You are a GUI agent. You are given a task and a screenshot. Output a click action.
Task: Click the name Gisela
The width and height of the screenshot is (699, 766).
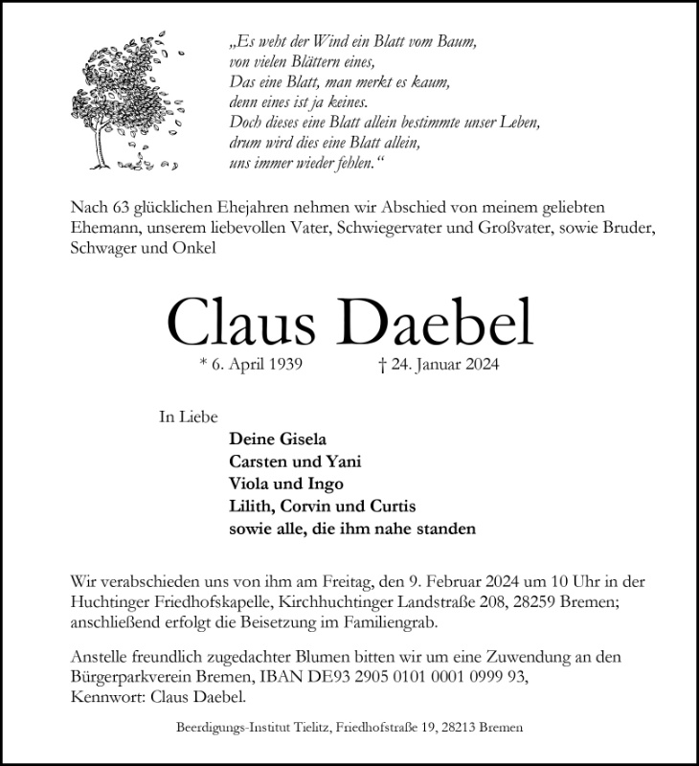(301, 440)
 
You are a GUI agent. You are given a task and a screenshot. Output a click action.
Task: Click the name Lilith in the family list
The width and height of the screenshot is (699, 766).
(252, 507)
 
